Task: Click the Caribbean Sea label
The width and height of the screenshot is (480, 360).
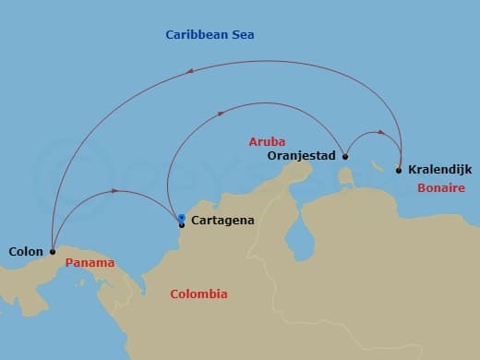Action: (x=210, y=35)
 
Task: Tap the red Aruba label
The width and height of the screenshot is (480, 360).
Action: (x=267, y=142)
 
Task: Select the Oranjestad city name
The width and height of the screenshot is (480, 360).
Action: (x=300, y=157)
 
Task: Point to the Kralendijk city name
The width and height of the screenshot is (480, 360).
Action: (x=439, y=171)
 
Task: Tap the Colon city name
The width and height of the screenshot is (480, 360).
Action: (x=25, y=250)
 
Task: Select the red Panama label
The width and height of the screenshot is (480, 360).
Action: (x=90, y=263)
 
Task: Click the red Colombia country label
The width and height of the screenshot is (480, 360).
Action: (x=198, y=294)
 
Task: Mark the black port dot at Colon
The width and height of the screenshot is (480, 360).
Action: (x=53, y=250)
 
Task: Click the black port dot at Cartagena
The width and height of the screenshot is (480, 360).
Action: (x=181, y=224)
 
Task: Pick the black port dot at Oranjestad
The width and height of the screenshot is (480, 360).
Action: (x=343, y=156)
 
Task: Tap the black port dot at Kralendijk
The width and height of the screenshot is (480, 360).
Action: (x=399, y=170)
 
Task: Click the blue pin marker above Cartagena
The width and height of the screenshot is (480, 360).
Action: (x=182, y=218)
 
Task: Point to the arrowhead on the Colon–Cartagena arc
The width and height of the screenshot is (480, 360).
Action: (x=114, y=191)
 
